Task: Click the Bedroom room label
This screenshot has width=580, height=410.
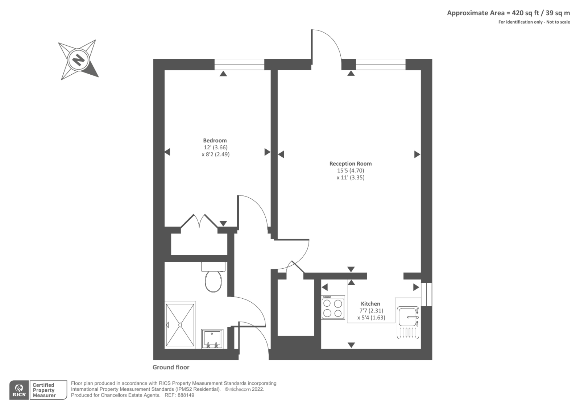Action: point(215,140)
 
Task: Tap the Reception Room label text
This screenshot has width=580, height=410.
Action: point(350,163)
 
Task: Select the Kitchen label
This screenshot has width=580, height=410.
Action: point(370,304)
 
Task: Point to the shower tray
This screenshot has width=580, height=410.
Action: point(180,325)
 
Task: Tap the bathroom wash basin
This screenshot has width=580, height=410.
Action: point(212,339)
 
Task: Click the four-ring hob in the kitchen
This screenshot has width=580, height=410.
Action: point(333,308)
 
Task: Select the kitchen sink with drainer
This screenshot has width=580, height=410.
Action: point(408,323)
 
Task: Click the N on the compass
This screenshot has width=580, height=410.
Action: point(78,59)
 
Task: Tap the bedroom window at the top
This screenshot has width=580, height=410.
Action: point(239,64)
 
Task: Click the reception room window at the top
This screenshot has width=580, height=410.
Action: point(380,64)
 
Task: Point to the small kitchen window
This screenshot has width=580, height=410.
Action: point(426,294)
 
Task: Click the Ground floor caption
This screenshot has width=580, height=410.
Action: point(171,367)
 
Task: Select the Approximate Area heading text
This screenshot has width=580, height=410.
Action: point(508,13)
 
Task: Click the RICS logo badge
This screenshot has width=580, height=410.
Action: point(19,390)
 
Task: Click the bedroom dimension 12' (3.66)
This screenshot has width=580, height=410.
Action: point(215,147)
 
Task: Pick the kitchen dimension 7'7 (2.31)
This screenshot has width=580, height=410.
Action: point(371,311)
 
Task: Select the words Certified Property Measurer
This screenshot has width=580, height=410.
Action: point(44,390)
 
